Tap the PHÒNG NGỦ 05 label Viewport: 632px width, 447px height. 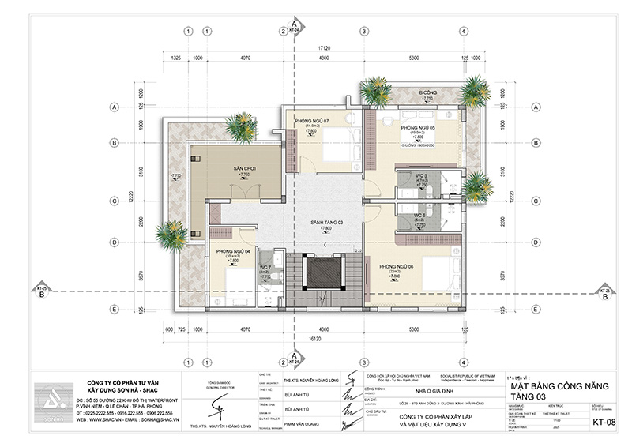(419, 127)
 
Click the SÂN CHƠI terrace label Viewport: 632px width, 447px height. (232, 169)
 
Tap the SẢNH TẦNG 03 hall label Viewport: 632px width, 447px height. (326, 223)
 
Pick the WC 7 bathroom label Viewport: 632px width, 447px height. (266, 267)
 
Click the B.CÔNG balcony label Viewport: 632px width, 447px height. (428, 92)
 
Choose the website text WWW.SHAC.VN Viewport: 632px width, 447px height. (100, 420)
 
